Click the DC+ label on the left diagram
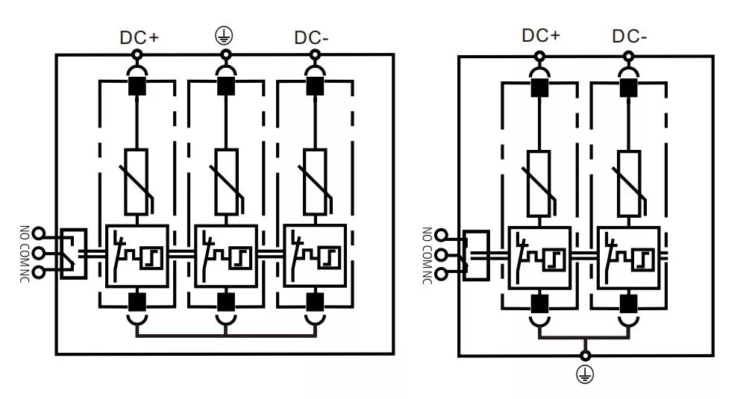point(139,37)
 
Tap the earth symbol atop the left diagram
point(224,36)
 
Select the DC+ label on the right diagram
point(541,35)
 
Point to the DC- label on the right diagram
point(630,36)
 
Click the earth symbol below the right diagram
point(586,375)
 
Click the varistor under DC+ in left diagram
point(137,181)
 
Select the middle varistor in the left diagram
point(226,181)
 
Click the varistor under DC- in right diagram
point(629,183)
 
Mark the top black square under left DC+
point(137,86)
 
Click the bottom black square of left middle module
point(226,301)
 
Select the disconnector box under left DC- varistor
point(315,255)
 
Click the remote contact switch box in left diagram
point(72,254)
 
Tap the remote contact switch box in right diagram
point(475,255)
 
